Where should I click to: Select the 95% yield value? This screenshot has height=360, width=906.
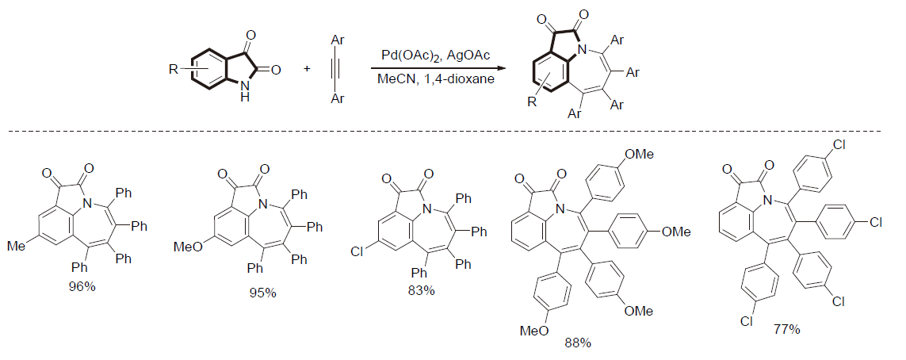(262, 293)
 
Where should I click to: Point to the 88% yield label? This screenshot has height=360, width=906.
(577, 343)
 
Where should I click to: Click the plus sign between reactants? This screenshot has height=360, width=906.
(307, 70)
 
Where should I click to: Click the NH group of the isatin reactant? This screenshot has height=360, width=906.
(246, 96)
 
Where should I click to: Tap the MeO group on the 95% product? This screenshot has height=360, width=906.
(186, 249)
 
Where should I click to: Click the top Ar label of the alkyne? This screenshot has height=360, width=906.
(338, 35)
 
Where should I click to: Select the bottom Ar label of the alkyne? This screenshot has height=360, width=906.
(338, 98)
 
